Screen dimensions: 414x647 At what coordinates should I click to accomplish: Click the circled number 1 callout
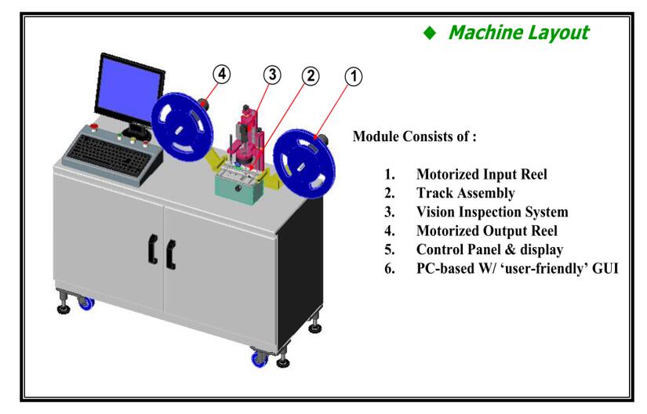(x=353, y=77)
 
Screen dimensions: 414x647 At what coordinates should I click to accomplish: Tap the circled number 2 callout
(x=311, y=77)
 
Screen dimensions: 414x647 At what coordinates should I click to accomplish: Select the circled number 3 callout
(x=272, y=76)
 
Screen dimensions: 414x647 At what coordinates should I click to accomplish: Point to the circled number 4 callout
(x=223, y=76)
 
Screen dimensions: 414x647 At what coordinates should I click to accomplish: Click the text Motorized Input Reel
(x=482, y=175)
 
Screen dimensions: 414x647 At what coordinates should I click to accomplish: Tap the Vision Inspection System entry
(x=492, y=212)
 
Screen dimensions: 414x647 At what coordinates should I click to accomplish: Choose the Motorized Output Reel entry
(x=485, y=231)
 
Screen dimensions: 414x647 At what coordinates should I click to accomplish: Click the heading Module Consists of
(x=415, y=135)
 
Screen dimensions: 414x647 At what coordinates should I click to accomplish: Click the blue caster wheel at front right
(x=256, y=361)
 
